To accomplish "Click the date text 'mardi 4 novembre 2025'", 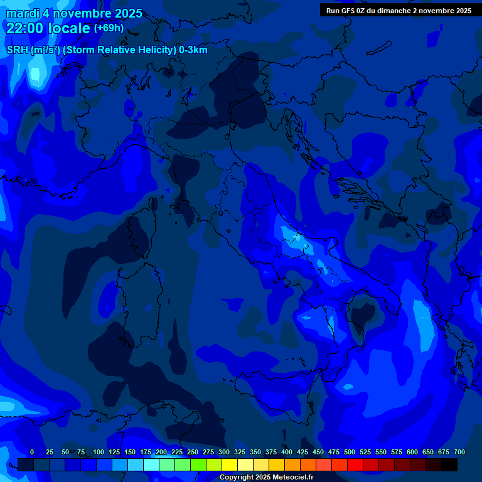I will pos(74,13).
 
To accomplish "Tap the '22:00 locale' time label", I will pos(48,28).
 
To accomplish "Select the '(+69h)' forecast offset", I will pos(109,28).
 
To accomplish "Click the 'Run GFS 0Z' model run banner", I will pos(399,11).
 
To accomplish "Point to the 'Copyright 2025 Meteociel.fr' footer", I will pos(266,477).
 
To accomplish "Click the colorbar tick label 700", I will pos(459,452).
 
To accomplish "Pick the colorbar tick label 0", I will pos(32,452).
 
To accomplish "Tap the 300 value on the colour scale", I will pos(224,452).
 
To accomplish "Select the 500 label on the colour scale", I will pos(350,452).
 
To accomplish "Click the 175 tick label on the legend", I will pos(146,452).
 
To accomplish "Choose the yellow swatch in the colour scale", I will pos(230,465).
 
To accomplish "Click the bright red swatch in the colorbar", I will pos(355,465).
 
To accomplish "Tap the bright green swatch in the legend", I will pos(198,465).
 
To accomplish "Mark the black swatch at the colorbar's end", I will pos(449,465).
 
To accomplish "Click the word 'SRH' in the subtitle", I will pos(18,50).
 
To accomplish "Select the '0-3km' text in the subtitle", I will pos(193,50).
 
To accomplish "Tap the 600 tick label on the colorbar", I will pos(412,452).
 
